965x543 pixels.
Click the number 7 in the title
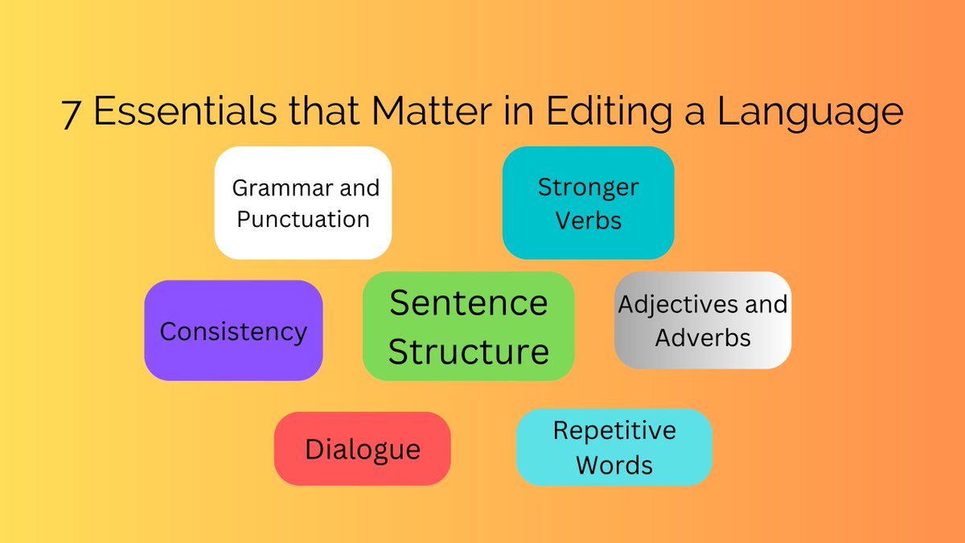pos(72,113)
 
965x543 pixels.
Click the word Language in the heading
pos(810,113)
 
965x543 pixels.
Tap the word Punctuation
pos(303,219)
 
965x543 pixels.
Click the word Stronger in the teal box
pos(589,187)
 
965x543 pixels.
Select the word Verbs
pos(588,220)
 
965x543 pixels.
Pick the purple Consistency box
pos(233,331)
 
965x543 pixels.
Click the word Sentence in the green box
pos(468,303)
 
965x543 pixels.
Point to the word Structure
pos(468,352)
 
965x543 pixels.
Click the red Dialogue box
pos(362,449)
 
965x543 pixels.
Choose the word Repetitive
pos(614,430)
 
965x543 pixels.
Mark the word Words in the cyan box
pos(614,465)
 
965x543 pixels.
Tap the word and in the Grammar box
pos(358,188)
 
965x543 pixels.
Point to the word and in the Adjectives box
pos(768,305)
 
